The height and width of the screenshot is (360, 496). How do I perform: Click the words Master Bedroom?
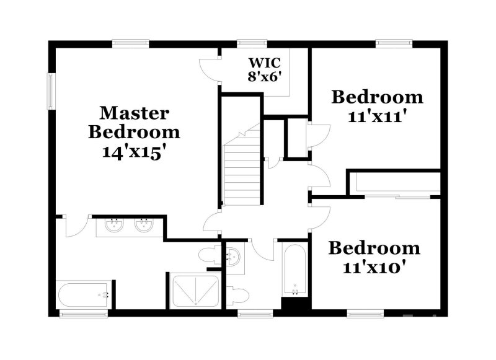pos(134,123)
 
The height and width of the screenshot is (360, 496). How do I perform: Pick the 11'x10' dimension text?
pos(374,267)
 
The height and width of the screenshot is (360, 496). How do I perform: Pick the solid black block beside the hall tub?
pos(296,304)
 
